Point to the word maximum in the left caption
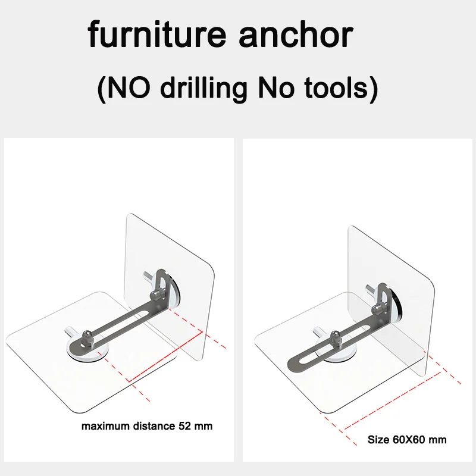tap(104, 426)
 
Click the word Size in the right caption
tap(377, 440)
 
